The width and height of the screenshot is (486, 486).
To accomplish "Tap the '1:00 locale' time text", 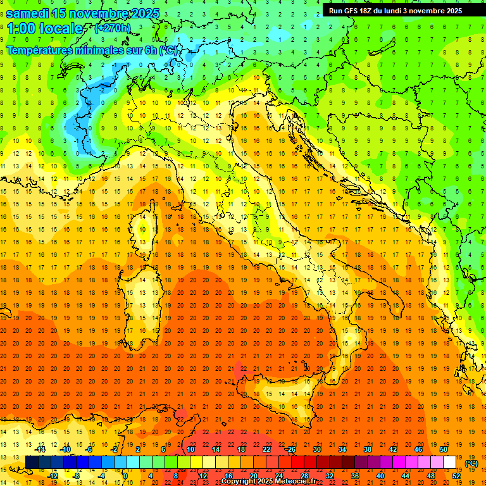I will point(45,28).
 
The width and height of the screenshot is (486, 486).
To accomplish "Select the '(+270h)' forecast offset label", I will point(113,28).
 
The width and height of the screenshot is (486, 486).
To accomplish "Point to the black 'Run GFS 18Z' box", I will point(396,10).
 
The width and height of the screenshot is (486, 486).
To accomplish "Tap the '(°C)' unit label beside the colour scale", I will point(471,463).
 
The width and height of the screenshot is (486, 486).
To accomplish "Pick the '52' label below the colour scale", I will point(456,475).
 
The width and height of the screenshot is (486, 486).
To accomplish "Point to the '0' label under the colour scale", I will point(125,475).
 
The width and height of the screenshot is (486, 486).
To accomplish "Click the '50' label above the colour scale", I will point(444,449).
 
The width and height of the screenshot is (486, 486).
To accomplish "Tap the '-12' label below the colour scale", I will point(53,475).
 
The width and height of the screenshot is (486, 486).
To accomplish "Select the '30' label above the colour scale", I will point(317,449).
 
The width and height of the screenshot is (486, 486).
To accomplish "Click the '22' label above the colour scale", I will point(266,449).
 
